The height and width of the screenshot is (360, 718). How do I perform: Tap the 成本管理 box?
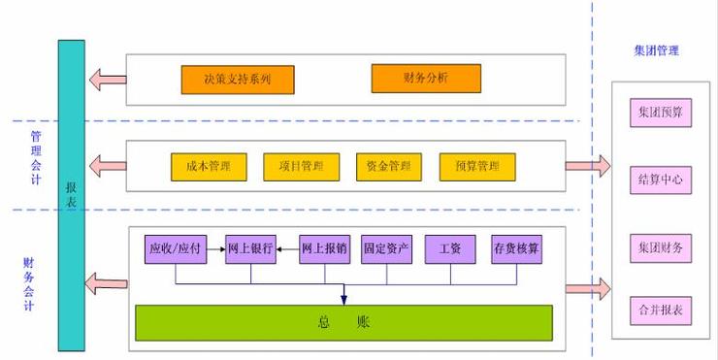click(209, 166)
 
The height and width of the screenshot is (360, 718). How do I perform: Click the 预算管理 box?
click(476, 166)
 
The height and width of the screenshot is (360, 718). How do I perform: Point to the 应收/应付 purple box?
click(175, 249)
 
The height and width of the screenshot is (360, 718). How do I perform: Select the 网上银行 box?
click(249, 249)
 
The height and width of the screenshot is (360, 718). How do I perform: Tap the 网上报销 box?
click(323, 249)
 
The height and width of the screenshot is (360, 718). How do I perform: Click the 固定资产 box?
click(385, 249)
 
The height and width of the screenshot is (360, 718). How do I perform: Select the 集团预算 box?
click(661, 114)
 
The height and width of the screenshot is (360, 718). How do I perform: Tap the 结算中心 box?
click(661, 180)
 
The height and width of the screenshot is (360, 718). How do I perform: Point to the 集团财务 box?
click(661, 247)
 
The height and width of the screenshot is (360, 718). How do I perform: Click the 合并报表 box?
click(661, 311)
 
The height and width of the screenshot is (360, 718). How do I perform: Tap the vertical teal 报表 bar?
click(70, 194)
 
